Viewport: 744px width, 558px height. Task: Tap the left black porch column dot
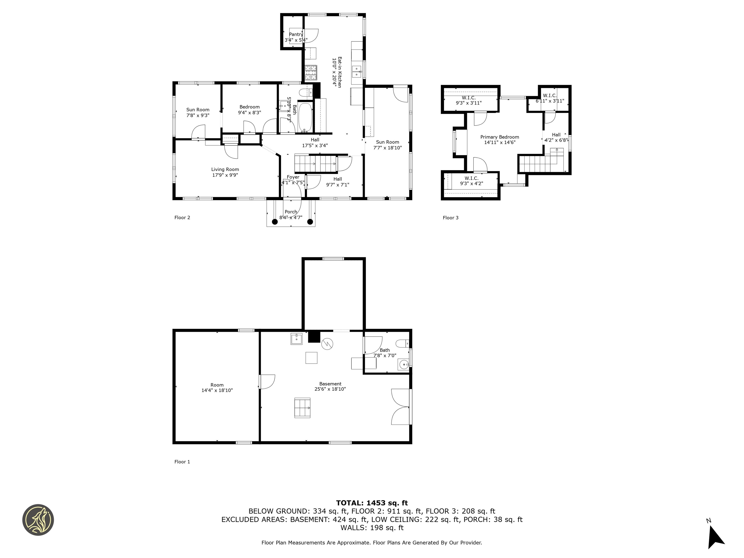pos(274,222)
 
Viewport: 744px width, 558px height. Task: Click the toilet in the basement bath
pos(402,343)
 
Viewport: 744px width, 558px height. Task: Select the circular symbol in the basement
pos(327,344)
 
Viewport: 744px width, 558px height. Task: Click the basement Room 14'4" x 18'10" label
pos(217,387)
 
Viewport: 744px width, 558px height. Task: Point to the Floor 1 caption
pos(182,462)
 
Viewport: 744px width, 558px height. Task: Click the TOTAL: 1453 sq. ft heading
pos(372,503)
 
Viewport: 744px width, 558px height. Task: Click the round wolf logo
pos(38,520)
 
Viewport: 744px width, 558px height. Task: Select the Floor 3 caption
pos(450,218)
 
